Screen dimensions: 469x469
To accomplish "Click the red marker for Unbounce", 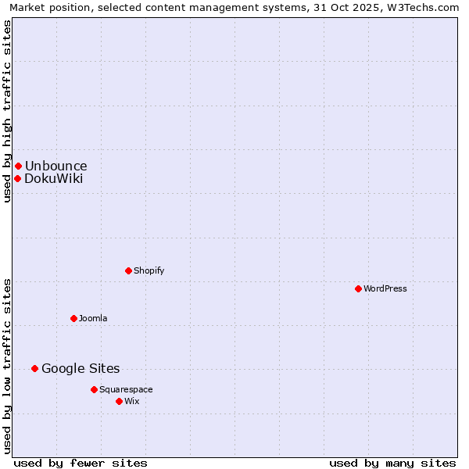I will [18, 166].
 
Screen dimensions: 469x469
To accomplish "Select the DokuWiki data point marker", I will [17, 178].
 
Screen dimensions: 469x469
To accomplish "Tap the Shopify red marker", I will [128, 270].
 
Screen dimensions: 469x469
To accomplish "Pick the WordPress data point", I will [358, 288].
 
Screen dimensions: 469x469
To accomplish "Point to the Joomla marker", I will [73, 318].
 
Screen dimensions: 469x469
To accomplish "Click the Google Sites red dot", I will [34, 368].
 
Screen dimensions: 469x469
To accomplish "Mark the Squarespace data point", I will [94, 389].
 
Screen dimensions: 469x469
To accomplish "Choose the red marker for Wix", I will [119, 401].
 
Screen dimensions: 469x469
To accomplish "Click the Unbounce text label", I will [55, 166].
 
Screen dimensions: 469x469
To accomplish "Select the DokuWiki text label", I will [53, 178].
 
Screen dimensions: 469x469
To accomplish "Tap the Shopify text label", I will [149, 270].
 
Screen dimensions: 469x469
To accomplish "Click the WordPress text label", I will [385, 288].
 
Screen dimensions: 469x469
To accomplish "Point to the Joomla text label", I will [93, 318].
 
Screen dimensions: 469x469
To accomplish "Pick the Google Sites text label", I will [81, 368].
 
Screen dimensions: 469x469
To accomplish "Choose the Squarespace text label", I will [126, 389].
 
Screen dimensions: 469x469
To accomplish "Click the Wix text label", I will [131, 401].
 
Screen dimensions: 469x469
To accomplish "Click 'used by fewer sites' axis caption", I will [81, 463].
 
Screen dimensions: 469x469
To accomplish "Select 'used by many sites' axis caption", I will [392, 463].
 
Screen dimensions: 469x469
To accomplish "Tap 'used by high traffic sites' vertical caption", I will [7, 111].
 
